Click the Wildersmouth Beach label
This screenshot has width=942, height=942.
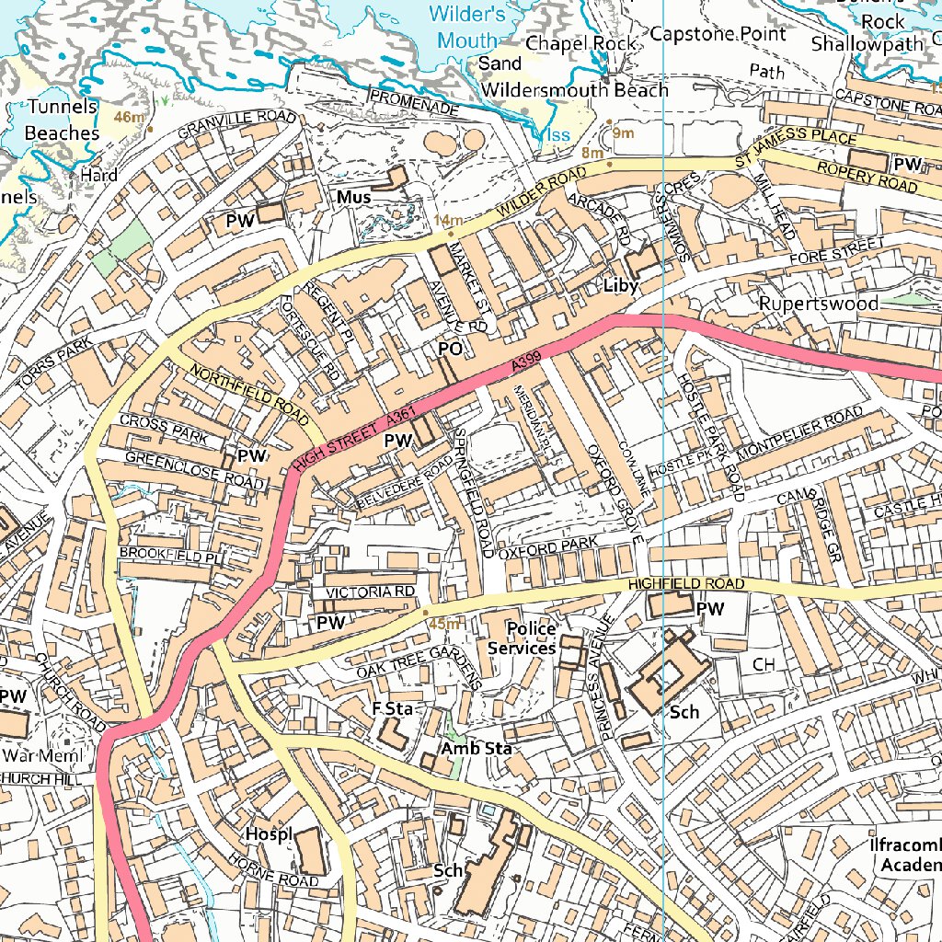[575, 90]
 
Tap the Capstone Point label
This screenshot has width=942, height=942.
[718, 34]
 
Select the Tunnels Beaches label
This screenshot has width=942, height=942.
[62, 120]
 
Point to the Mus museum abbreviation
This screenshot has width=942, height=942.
[353, 198]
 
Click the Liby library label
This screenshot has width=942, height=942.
[620, 286]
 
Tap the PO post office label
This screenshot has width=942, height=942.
[449, 350]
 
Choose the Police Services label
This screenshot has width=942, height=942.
[522, 638]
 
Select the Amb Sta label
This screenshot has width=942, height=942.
[476, 749]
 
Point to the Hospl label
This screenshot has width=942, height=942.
[268, 833]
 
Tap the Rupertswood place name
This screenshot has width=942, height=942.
[818, 304]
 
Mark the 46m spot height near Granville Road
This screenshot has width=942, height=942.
[130, 117]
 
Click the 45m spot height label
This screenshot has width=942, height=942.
[444, 624]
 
